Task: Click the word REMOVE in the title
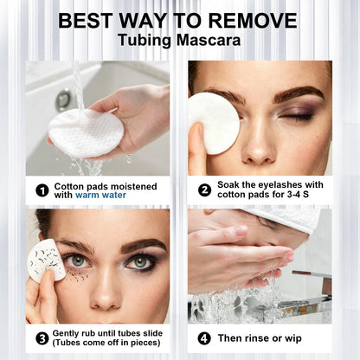[x=253, y=21]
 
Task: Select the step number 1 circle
[x=42, y=190]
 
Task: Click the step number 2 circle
[x=204, y=190]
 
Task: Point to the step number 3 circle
[x=42, y=338]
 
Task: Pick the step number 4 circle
[x=204, y=338]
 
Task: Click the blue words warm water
[x=100, y=196]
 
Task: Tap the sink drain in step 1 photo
[x=63, y=100]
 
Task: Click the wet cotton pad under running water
[x=86, y=133]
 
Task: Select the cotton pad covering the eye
[x=214, y=123]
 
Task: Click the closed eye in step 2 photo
[x=296, y=117]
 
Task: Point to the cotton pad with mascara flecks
[x=46, y=261]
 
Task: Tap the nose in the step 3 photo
[x=105, y=292]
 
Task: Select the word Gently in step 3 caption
[x=66, y=334]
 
